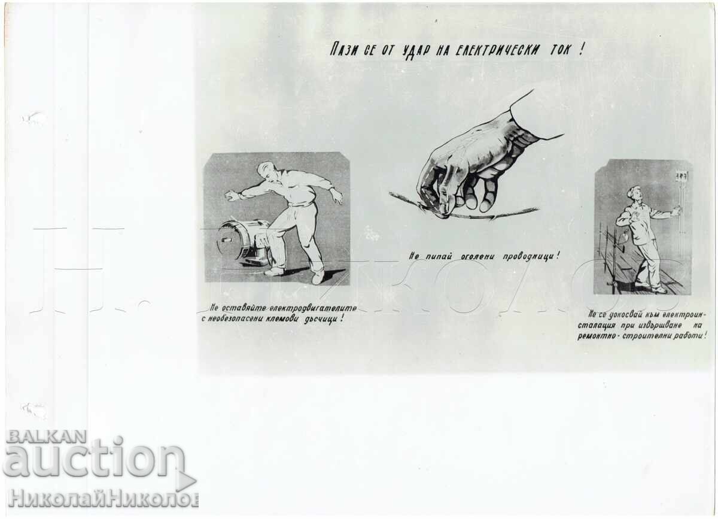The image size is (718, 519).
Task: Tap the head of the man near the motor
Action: pos(265,170)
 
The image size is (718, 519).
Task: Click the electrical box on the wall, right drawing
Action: pos(681,176)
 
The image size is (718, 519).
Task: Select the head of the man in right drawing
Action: pos(634,193)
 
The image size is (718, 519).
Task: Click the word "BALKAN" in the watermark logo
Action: pos(47,436)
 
